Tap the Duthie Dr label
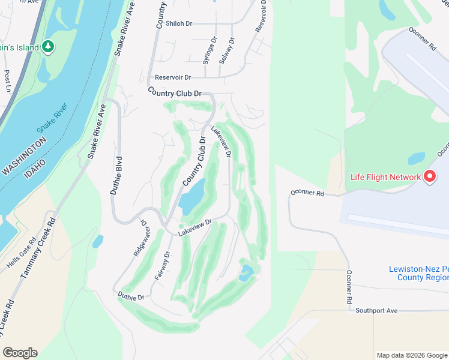(x=131, y=297)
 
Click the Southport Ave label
(x=376, y=310)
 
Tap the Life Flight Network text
(x=385, y=177)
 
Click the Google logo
(x=20, y=353)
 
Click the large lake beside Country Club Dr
(x=191, y=199)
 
